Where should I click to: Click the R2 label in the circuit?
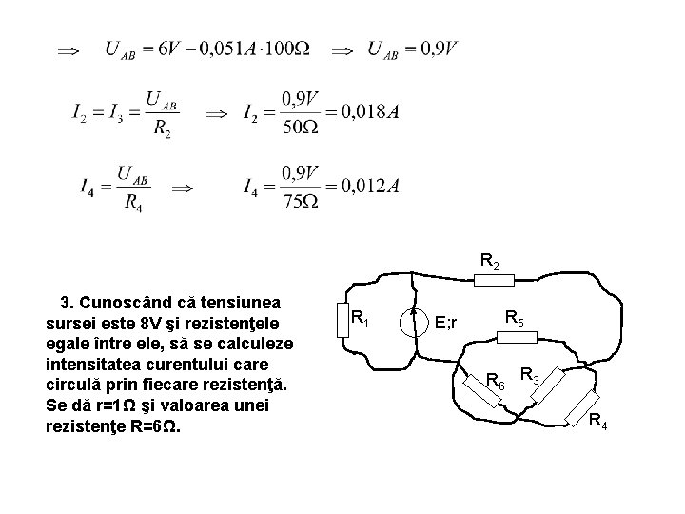tap(492, 259)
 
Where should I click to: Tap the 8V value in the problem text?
tap(149, 325)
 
